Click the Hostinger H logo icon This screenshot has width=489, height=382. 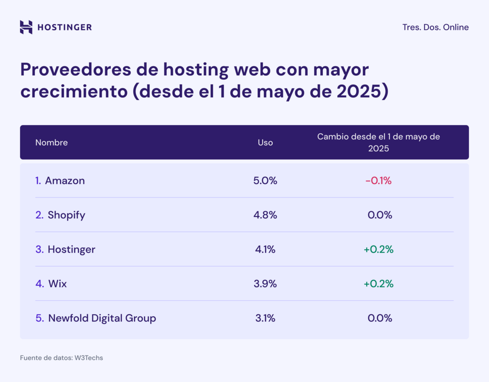[x=26, y=27]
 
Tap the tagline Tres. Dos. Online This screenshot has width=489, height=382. [x=436, y=27]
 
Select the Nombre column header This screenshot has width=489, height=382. [x=52, y=142]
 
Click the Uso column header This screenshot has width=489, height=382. [x=266, y=142]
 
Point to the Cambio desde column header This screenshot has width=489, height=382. [x=379, y=142]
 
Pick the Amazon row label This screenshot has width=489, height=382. [x=64, y=180]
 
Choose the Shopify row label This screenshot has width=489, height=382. [x=66, y=215]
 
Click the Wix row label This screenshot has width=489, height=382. [x=57, y=284]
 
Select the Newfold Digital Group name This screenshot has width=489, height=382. [x=102, y=318]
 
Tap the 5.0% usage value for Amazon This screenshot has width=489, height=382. [x=265, y=180]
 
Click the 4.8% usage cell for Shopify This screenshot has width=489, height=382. [x=265, y=215]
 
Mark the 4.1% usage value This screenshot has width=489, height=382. [x=265, y=249]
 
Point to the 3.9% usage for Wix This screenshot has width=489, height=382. [x=265, y=284]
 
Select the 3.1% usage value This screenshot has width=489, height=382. [x=265, y=318]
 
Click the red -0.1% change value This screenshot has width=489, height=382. [x=378, y=180]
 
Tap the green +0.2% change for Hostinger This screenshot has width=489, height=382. [x=378, y=249]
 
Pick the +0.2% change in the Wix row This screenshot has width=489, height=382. [x=378, y=284]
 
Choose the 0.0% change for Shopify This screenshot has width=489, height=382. [x=380, y=215]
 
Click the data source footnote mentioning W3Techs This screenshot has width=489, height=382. [x=61, y=358]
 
